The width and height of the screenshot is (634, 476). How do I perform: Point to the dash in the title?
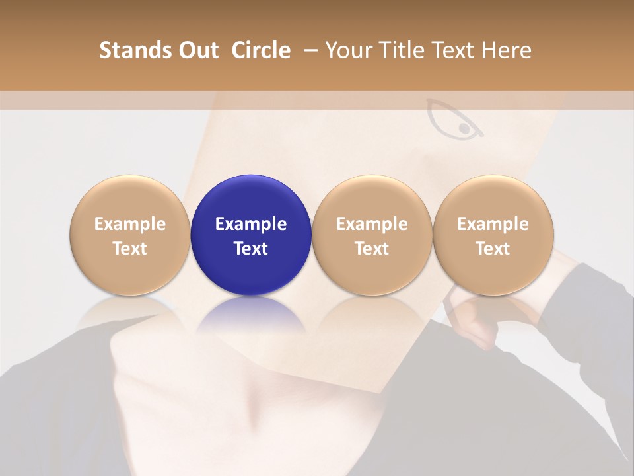(312, 50)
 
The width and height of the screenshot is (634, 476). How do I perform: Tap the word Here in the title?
(507, 50)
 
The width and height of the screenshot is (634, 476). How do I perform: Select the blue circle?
(251, 235)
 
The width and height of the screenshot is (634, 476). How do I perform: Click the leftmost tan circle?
(130, 235)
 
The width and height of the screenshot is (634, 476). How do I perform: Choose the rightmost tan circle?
(493, 235)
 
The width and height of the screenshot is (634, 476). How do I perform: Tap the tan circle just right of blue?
(372, 235)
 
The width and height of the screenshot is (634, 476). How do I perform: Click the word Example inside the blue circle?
(251, 224)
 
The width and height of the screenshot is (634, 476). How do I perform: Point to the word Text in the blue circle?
(251, 249)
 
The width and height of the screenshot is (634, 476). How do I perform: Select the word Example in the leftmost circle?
(130, 224)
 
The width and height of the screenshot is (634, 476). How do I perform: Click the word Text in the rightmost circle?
(493, 249)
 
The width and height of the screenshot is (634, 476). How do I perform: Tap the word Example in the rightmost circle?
(493, 224)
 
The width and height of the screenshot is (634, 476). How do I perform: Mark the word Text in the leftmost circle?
(130, 249)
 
